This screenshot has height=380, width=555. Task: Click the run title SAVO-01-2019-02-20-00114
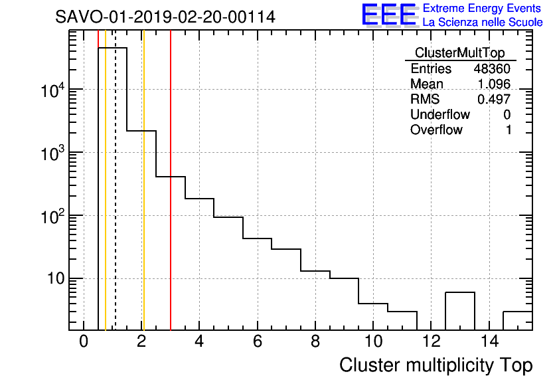point(165,17)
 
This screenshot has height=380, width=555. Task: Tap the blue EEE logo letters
point(389,15)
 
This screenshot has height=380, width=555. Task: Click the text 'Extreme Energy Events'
point(482,8)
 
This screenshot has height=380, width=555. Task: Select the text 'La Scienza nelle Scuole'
point(482,23)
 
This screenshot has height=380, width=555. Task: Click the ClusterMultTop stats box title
point(459,53)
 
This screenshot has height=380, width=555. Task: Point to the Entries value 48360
point(491,69)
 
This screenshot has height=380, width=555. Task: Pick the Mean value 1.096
point(494,84)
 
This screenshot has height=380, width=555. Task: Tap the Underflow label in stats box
point(439,115)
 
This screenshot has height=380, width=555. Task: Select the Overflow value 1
point(509,130)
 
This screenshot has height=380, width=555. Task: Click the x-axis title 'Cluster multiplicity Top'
point(436,365)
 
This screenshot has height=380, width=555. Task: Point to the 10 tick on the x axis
point(373,342)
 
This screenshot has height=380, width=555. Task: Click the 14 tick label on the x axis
point(489,342)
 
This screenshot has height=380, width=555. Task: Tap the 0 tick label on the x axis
point(84,342)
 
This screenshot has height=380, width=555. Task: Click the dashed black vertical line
point(116,199)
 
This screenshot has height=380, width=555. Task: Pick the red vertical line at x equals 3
point(171,199)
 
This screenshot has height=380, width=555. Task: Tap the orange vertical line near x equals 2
point(143,199)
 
